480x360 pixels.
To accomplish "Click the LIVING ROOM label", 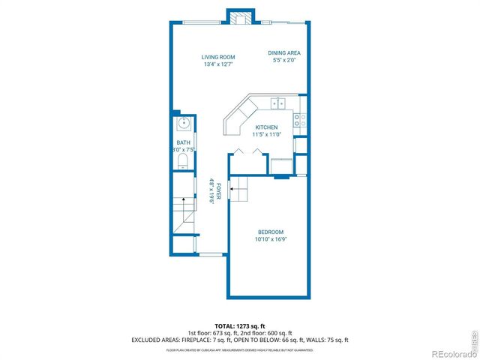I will point(219,57).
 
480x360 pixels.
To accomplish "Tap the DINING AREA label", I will point(284,52).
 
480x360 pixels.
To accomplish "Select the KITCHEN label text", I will point(266,127).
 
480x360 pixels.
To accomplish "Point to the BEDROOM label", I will point(271,232).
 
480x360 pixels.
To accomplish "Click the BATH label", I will point(183,142).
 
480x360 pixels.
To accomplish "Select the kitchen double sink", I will point(277,104).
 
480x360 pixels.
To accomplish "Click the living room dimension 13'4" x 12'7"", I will point(219,64).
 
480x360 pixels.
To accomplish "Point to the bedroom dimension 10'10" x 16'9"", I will point(271,239).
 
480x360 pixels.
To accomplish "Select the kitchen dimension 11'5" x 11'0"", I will point(267,135).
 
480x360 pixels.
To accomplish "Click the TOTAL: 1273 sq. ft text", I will point(239,325).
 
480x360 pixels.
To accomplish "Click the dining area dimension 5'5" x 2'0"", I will point(284,60).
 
